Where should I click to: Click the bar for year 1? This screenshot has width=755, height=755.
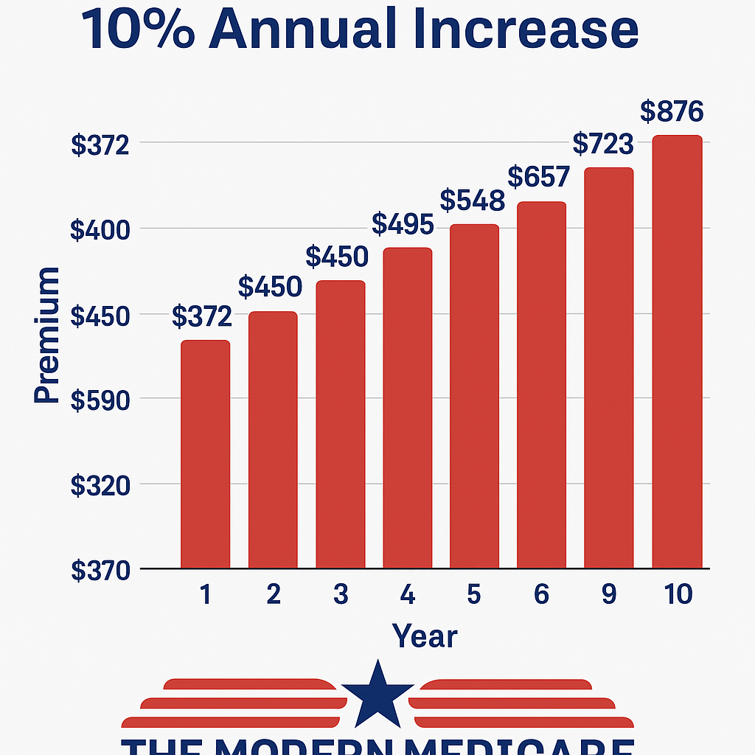(x=205, y=454)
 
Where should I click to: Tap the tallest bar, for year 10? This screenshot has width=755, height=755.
(x=677, y=352)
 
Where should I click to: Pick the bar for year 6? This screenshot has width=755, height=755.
(x=541, y=385)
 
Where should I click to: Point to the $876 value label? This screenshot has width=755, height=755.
(x=671, y=112)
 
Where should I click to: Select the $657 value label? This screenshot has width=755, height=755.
(x=539, y=177)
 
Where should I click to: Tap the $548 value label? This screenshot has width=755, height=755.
(x=472, y=201)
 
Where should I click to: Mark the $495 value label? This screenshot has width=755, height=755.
(x=403, y=224)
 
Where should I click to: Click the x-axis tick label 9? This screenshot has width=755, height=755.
(x=608, y=595)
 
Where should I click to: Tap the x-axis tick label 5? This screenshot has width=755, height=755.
(x=473, y=595)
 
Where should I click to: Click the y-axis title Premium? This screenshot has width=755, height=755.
(x=47, y=335)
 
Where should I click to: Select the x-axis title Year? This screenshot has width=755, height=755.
(x=425, y=636)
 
